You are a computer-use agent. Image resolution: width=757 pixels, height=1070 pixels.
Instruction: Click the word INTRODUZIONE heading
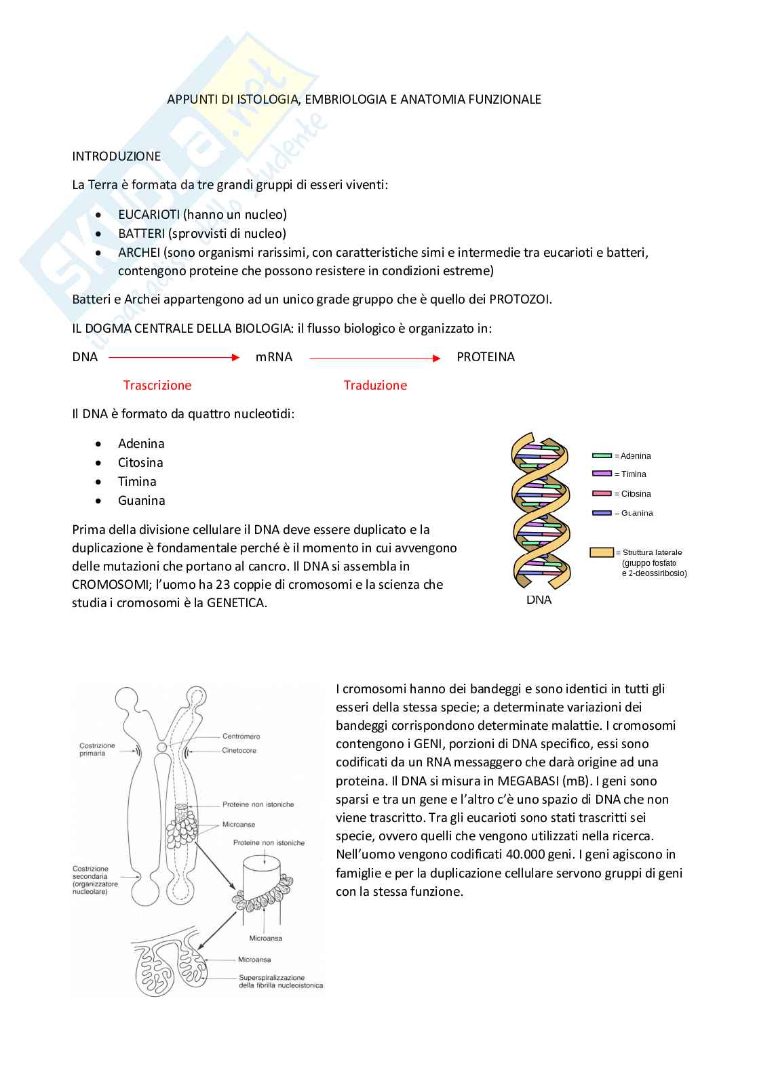tap(116, 156)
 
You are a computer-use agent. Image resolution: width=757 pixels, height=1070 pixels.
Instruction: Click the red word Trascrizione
tap(157, 385)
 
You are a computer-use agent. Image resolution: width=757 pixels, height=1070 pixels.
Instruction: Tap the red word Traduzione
tap(375, 385)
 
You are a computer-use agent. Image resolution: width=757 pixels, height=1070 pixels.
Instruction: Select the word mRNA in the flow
tap(274, 357)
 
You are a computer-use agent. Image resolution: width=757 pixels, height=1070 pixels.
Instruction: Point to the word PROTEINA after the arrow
tap(485, 357)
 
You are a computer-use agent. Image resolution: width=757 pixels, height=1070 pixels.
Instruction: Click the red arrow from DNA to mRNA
tap(174, 357)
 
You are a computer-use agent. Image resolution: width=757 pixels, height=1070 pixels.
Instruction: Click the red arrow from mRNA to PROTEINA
tap(375, 358)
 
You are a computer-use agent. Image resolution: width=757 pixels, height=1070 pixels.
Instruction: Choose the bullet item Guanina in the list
tap(141, 501)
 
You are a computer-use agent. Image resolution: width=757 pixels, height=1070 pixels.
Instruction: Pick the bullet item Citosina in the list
tap(140, 463)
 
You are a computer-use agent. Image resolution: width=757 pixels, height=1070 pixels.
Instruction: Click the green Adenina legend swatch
tap(602, 456)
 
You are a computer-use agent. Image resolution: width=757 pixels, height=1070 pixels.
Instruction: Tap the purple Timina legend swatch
tap(602, 474)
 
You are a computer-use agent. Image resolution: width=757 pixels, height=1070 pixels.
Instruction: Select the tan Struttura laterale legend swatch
tap(601, 552)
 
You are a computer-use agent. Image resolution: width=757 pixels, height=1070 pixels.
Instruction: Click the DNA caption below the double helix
tap(539, 600)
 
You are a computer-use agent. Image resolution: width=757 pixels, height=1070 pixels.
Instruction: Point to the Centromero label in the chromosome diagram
tap(241, 736)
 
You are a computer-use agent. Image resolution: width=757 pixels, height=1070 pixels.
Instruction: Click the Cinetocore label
tap(239, 750)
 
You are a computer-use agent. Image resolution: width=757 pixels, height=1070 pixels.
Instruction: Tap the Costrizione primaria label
tap(98, 749)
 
